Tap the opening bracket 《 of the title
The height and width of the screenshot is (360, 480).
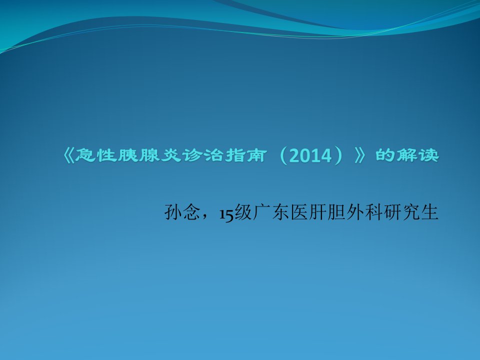click(68, 155)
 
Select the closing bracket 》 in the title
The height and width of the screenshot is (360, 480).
click(360, 155)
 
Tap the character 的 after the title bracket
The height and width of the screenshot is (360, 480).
click(385, 155)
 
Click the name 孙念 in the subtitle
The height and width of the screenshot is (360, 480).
click(182, 212)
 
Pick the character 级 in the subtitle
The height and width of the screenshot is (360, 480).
click(243, 212)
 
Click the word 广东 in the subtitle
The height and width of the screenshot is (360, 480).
click(271, 212)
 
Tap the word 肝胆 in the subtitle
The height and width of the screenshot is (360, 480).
click(327, 212)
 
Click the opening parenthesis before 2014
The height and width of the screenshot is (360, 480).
click(284, 156)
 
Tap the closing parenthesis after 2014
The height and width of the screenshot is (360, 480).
click(337, 156)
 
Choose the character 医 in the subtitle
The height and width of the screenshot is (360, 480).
click(299, 212)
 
